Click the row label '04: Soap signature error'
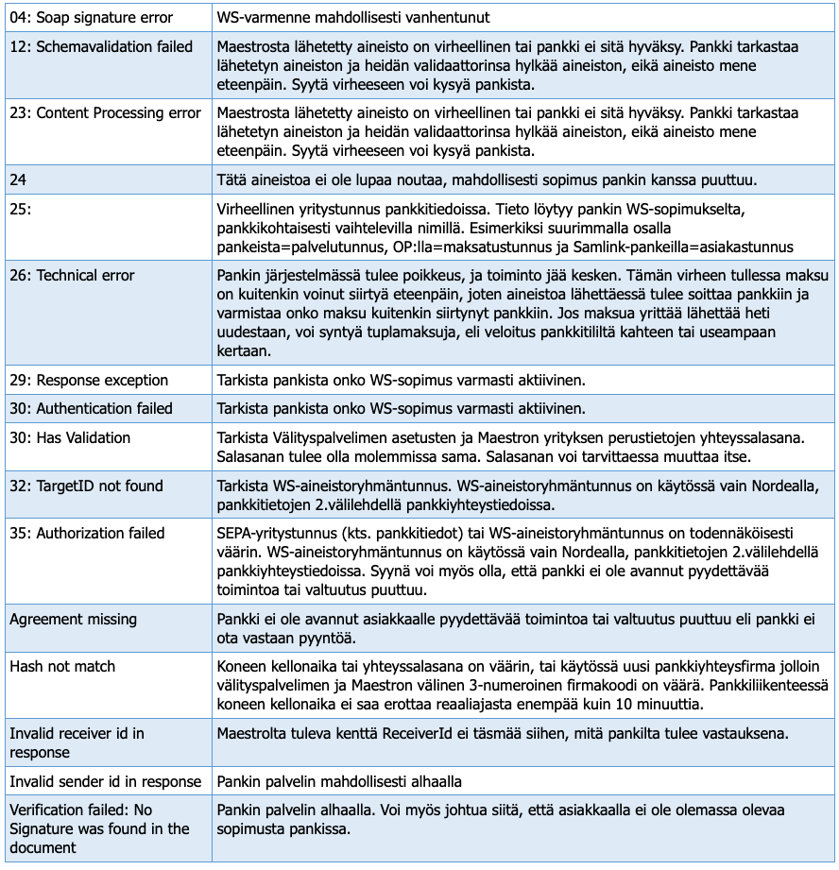[x=91, y=17]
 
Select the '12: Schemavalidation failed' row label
[x=101, y=46]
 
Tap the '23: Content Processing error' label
[x=105, y=113]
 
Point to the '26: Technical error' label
[x=72, y=276]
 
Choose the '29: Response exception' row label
[x=89, y=381]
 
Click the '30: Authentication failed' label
[x=91, y=409]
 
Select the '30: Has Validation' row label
[x=70, y=438]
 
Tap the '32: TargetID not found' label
[x=86, y=486]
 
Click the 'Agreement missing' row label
[x=73, y=620]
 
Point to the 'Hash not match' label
[x=62, y=667]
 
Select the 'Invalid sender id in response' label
[x=105, y=782]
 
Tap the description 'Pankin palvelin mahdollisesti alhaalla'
[x=339, y=782]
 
